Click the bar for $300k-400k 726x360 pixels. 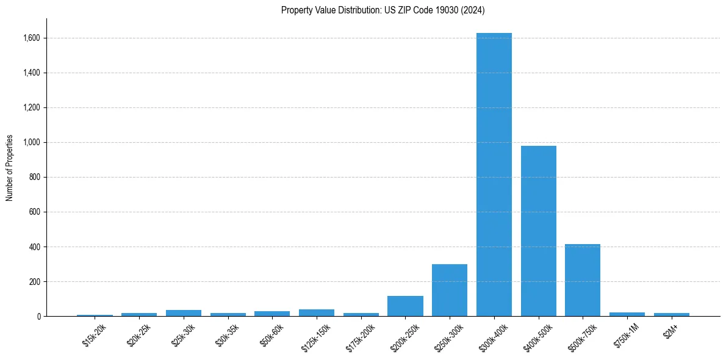click(494, 175)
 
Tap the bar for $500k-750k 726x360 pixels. click(583, 280)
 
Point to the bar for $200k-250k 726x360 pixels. click(405, 306)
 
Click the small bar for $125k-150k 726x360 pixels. click(317, 312)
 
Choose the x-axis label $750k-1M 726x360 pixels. click(626, 335)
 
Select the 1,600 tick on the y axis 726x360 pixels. click(31, 38)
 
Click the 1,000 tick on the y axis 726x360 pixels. click(31, 142)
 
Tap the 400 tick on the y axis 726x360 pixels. click(35, 247)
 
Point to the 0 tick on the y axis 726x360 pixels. click(38, 317)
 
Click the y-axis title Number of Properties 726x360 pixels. click(9, 168)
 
